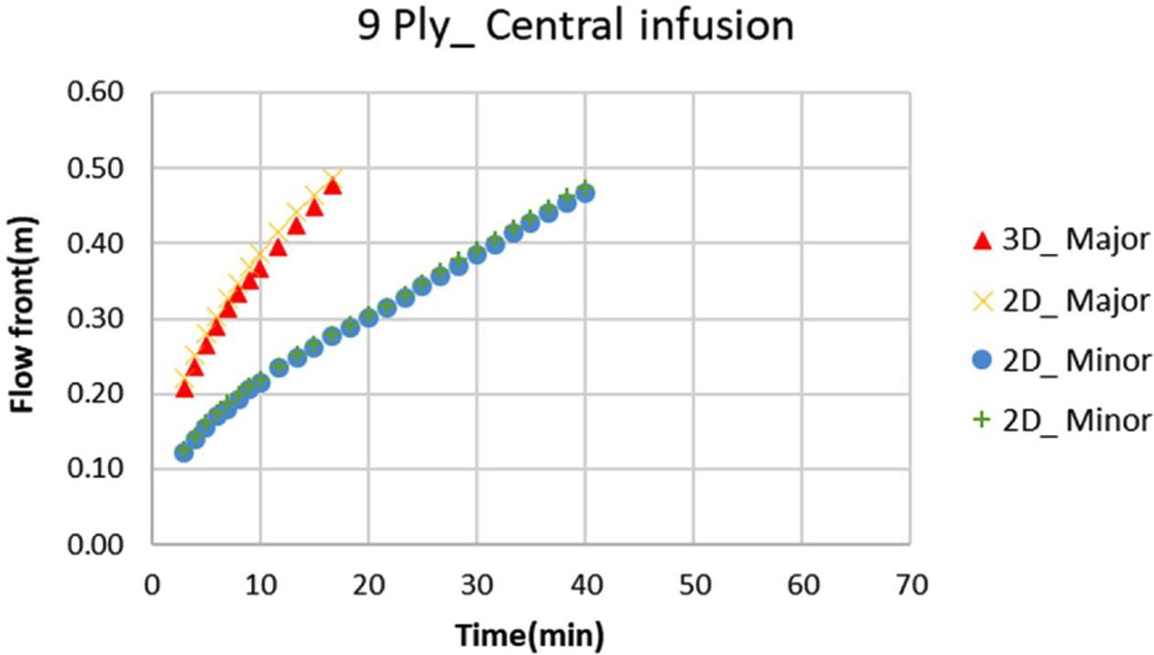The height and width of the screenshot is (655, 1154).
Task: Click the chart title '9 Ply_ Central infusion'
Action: click(x=576, y=27)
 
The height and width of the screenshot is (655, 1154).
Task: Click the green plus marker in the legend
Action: click(x=983, y=420)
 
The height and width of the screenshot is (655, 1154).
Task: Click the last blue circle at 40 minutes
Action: click(x=585, y=193)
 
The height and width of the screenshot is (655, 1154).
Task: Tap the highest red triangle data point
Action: click(x=332, y=186)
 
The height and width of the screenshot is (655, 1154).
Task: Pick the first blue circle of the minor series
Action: click(x=184, y=452)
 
